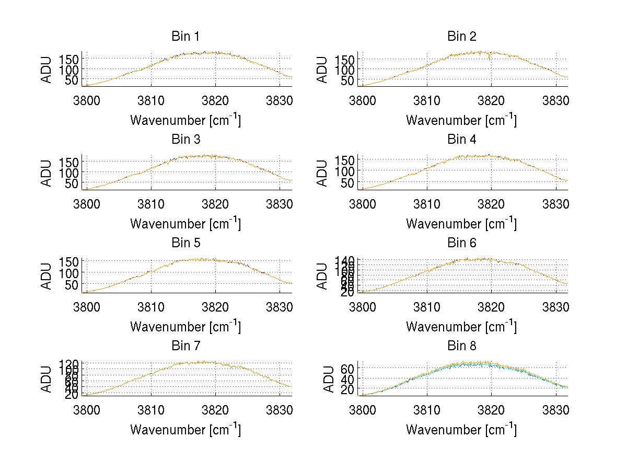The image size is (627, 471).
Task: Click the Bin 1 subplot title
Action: click(x=185, y=37)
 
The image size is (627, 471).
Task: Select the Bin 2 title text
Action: click(x=461, y=37)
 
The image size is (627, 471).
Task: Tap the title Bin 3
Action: click(x=185, y=140)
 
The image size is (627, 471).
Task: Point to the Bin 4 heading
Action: click(x=461, y=140)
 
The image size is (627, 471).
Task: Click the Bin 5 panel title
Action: click(x=185, y=243)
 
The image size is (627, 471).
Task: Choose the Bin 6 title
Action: click(x=461, y=243)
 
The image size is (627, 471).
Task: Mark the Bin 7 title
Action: click(x=185, y=346)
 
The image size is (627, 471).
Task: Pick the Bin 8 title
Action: click(x=461, y=346)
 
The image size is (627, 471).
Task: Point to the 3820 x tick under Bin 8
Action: click(x=491, y=409)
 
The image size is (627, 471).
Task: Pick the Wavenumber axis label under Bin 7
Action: click(x=185, y=429)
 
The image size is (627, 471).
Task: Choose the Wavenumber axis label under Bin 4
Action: click(x=461, y=223)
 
